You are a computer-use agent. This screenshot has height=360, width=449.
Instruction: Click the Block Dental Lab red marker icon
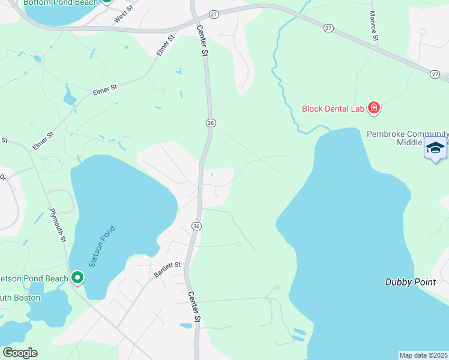(x=374, y=108)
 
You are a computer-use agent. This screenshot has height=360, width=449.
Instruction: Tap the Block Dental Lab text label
(x=333, y=109)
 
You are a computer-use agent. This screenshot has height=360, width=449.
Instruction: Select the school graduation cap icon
(x=435, y=148)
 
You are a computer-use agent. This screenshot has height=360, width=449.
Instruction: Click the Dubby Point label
(x=410, y=282)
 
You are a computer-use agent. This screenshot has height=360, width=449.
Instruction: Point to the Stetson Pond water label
(x=101, y=246)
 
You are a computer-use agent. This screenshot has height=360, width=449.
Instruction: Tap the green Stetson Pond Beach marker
(x=77, y=278)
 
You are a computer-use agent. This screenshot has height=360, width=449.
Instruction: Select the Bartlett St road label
(x=167, y=269)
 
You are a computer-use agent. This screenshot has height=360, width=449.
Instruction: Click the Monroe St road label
(x=374, y=26)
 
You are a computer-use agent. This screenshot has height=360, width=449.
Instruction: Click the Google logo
(x=20, y=353)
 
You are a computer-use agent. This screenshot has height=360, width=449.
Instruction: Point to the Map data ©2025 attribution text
(x=424, y=355)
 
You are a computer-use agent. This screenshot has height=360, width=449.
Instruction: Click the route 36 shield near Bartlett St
(x=196, y=226)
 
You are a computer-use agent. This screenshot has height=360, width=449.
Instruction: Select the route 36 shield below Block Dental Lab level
(x=210, y=122)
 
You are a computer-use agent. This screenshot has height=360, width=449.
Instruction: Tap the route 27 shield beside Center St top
(x=213, y=13)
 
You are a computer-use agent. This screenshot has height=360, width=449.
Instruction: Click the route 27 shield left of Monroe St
(x=328, y=28)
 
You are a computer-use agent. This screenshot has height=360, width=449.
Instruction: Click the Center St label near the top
(x=202, y=41)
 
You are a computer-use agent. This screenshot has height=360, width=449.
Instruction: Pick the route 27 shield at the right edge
(x=435, y=73)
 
